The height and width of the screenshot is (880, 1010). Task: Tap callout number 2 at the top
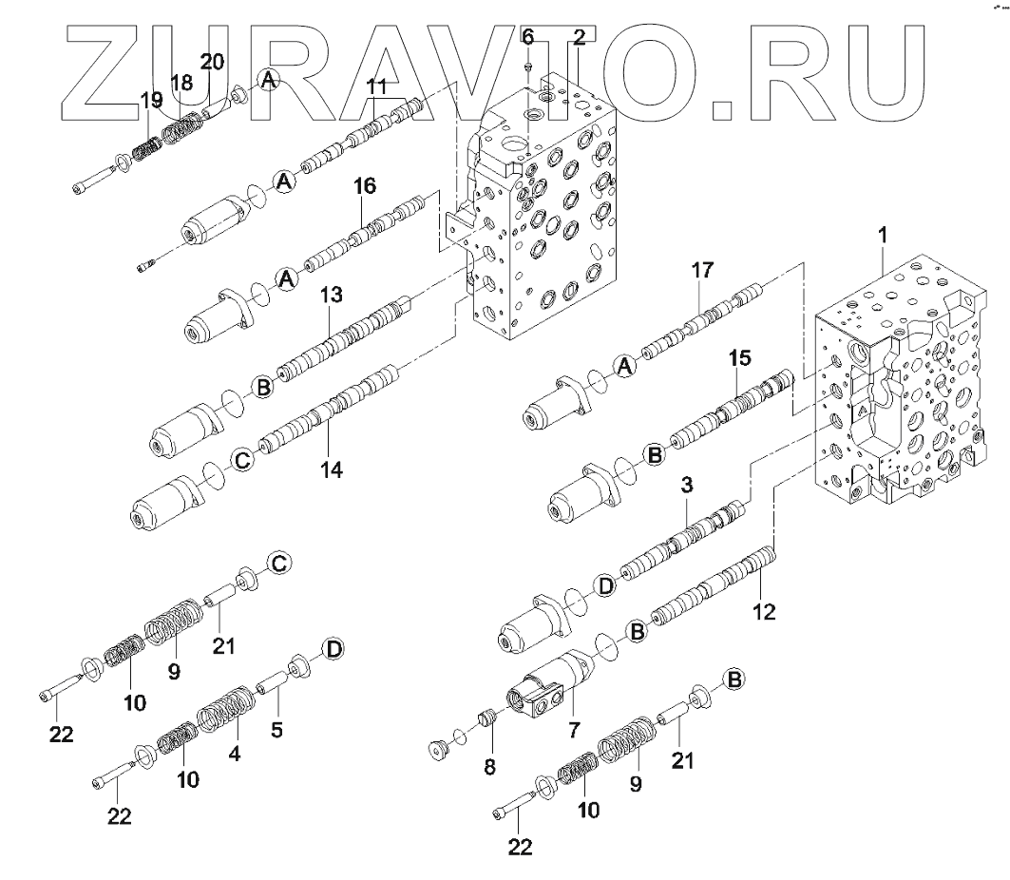coord(579,37)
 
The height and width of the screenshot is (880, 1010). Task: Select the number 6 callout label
coord(528,37)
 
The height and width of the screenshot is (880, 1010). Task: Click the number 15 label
coord(739,358)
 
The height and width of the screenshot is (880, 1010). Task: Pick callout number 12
coord(763,612)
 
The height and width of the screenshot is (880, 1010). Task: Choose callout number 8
coord(489,766)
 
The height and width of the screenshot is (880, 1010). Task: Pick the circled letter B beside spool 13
coord(261,387)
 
